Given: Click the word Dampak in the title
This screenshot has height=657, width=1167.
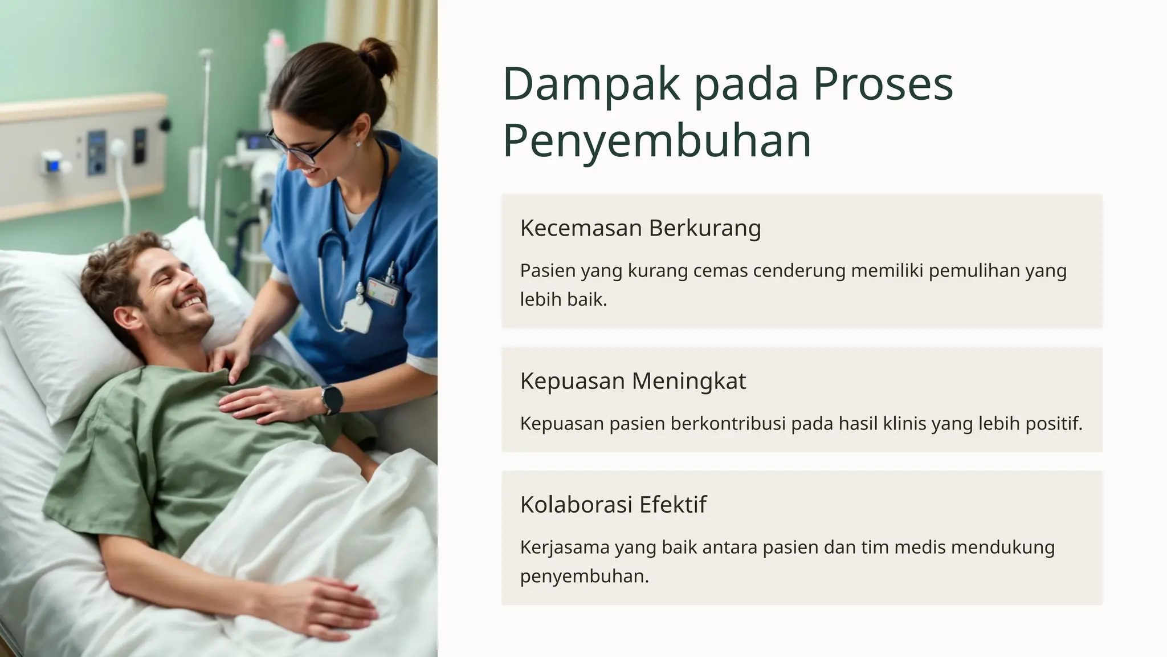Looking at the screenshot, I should coord(591,84).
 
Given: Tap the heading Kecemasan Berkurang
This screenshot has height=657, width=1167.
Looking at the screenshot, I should coord(640,228).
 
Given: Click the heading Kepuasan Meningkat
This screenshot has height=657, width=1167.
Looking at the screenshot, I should coord(633,380).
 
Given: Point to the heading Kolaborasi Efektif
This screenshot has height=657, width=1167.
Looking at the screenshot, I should coord(613,504).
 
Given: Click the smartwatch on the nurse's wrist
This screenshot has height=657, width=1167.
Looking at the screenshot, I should coord(332,399).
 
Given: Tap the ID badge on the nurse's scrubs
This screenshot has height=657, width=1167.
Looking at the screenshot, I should coord(383,291).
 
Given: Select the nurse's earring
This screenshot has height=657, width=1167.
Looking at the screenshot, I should coord(358,144).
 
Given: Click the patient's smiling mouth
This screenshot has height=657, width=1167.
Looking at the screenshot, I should coord(191,301).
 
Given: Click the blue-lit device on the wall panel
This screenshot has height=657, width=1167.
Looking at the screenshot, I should coord(52,165).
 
